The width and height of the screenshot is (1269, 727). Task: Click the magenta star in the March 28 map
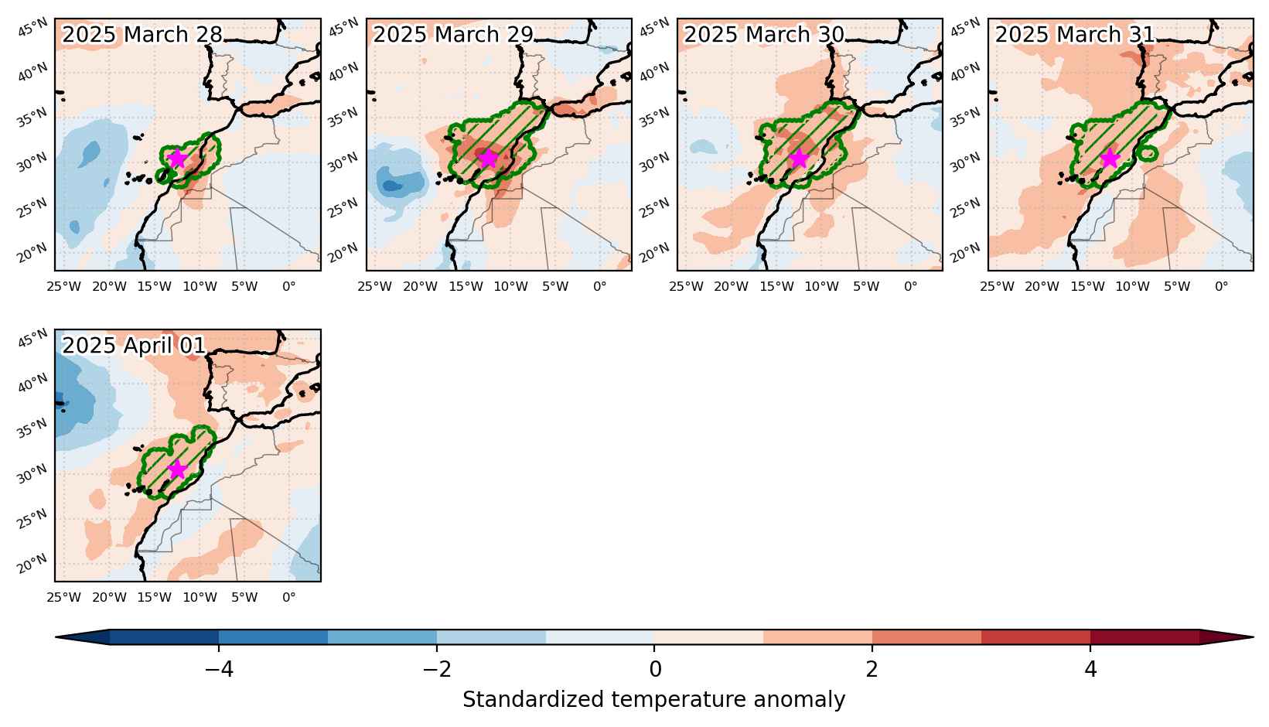(x=177, y=159)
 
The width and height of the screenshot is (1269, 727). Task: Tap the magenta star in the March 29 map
(x=488, y=159)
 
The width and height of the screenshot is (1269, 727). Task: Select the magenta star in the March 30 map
(x=799, y=159)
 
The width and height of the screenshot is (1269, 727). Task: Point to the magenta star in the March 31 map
(x=1110, y=159)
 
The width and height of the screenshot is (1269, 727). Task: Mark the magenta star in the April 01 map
(x=177, y=469)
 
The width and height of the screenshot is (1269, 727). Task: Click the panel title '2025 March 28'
(x=142, y=35)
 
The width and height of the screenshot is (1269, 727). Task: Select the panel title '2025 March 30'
(x=764, y=35)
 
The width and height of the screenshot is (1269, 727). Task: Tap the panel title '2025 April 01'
(x=134, y=345)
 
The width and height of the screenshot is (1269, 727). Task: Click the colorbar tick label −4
(x=220, y=670)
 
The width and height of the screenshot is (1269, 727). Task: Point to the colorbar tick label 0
(x=654, y=670)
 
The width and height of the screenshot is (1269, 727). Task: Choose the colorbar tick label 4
(x=1090, y=670)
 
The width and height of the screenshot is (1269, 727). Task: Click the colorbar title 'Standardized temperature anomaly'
(x=653, y=700)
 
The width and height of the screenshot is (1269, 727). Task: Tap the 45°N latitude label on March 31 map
(x=965, y=27)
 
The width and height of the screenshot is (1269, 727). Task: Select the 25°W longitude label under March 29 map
(x=374, y=287)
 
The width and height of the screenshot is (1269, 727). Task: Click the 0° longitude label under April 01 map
(x=289, y=597)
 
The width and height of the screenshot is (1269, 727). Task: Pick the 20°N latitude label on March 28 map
(x=32, y=253)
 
